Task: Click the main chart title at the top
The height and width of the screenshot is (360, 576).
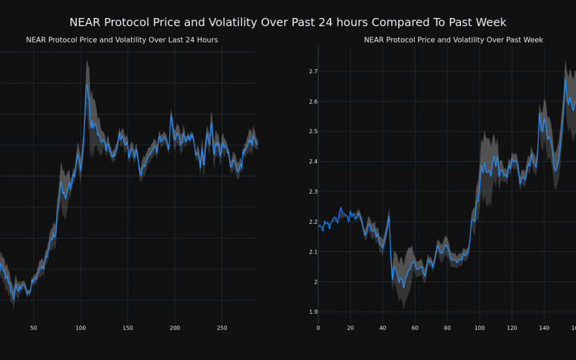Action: (x=288, y=22)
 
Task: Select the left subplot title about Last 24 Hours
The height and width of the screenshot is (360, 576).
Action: (x=122, y=40)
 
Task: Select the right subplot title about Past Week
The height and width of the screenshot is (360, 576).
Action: (x=454, y=40)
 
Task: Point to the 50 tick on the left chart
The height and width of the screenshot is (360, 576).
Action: (x=33, y=328)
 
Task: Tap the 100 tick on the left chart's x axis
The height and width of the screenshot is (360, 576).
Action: (x=80, y=328)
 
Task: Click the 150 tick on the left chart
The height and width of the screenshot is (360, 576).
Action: (x=127, y=328)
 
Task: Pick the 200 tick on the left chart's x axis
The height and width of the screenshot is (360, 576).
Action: (x=175, y=328)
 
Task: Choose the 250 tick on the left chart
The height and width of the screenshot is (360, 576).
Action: (x=222, y=328)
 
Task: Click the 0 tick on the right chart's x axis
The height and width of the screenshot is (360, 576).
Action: (x=318, y=328)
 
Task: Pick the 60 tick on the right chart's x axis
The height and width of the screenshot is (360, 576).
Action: (x=415, y=328)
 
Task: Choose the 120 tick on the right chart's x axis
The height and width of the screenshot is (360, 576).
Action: (x=512, y=328)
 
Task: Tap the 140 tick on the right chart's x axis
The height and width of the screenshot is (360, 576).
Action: (x=544, y=328)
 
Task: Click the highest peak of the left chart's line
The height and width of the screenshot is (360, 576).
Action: (x=86, y=84)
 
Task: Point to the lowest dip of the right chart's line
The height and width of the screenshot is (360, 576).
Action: (x=403, y=287)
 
